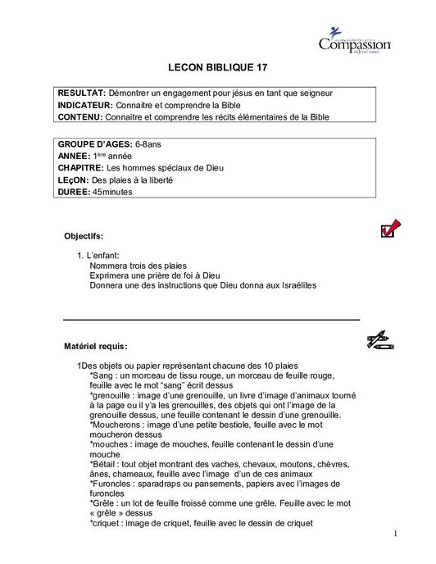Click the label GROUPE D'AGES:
(96, 144)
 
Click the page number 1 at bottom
(395, 534)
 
